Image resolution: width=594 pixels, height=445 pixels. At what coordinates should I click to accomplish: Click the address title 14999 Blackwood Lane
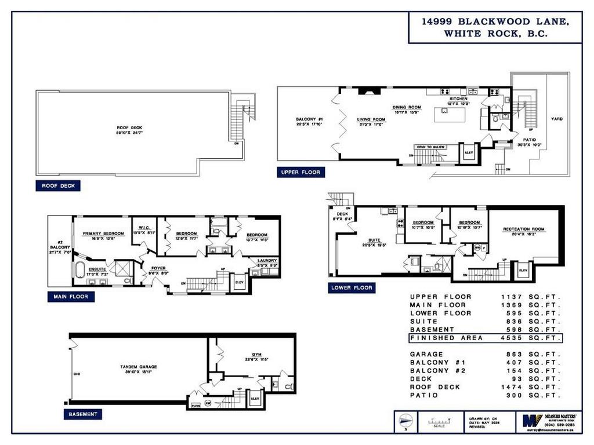point(495,21)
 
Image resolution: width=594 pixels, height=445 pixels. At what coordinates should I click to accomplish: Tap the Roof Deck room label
point(129,128)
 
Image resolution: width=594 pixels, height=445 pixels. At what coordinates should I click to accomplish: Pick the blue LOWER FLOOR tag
point(351,288)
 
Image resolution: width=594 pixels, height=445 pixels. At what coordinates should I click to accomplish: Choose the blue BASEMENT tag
point(82,414)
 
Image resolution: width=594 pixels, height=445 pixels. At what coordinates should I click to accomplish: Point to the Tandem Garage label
point(139,367)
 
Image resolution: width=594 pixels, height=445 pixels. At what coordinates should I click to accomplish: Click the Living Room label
point(371,119)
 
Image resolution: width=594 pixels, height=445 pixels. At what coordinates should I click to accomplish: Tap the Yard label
point(556,119)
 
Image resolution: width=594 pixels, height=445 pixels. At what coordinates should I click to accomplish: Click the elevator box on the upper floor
point(468,153)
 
